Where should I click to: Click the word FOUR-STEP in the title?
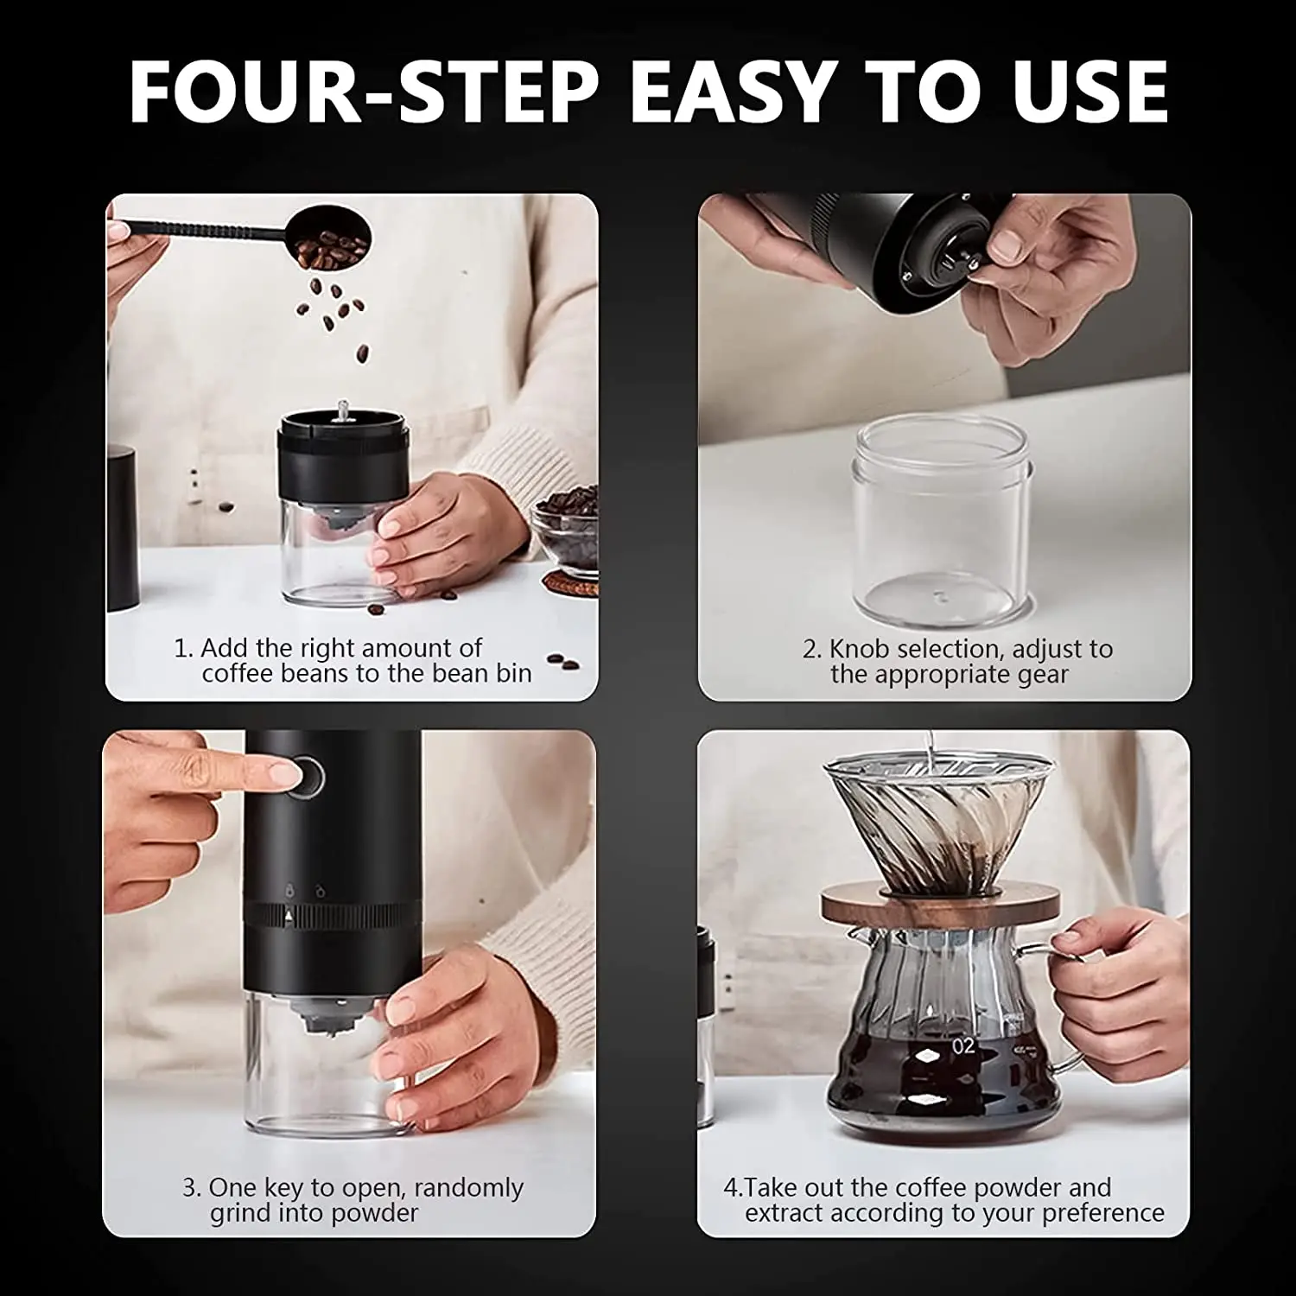click(x=363, y=91)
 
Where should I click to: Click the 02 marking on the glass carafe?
click(x=962, y=1046)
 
